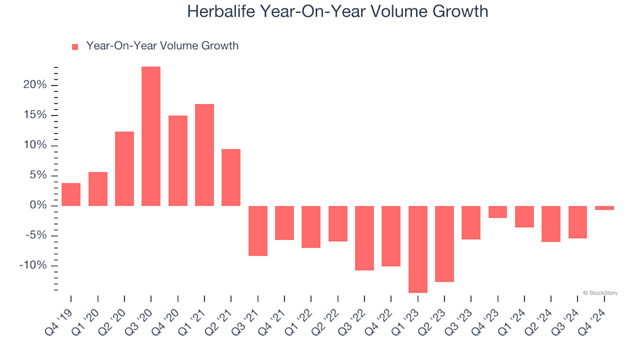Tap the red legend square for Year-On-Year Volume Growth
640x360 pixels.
point(75,47)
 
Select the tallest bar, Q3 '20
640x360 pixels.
point(151,136)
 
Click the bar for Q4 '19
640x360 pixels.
point(71,194)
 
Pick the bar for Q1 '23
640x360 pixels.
point(418,249)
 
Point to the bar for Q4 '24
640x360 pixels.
point(605,207)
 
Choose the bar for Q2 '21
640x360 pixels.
point(231,177)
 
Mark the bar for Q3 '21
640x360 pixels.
point(257,231)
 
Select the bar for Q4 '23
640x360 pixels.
point(497,212)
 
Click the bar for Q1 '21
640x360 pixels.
point(204,155)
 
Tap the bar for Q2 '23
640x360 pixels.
point(445,243)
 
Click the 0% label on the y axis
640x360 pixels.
point(39,205)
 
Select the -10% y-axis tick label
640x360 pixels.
point(33,265)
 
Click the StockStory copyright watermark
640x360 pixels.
point(600,293)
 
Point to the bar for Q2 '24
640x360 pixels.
point(551,223)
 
